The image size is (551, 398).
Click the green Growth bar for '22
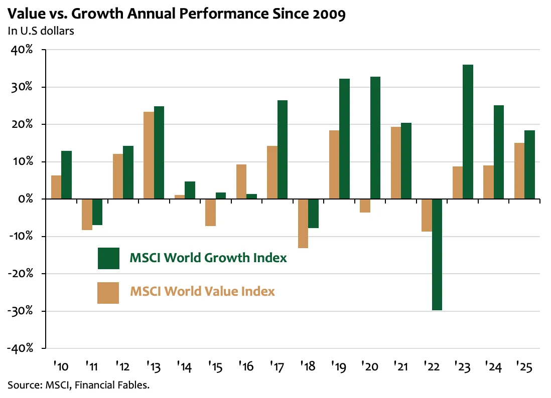pyautogui.click(x=437, y=255)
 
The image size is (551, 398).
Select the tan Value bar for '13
pyautogui.click(x=149, y=155)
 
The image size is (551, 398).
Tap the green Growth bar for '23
pyautogui.click(x=468, y=132)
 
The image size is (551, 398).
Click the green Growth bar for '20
pyautogui.click(x=375, y=138)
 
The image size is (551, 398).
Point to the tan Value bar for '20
pyautogui.click(x=365, y=206)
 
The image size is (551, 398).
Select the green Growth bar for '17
pyautogui.click(x=283, y=150)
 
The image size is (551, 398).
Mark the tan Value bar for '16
pyautogui.click(x=241, y=181)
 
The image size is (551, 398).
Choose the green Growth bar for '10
pyautogui.click(x=66, y=175)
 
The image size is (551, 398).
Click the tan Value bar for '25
pyautogui.click(x=519, y=171)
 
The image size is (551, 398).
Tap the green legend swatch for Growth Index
pyautogui.click(x=108, y=258)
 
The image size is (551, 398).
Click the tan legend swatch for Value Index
pyautogui.click(x=108, y=293)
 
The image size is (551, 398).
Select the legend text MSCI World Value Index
pyautogui.click(x=202, y=291)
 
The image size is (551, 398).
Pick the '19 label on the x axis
pyautogui.click(x=339, y=366)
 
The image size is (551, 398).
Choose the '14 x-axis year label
pyautogui.click(x=185, y=366)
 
